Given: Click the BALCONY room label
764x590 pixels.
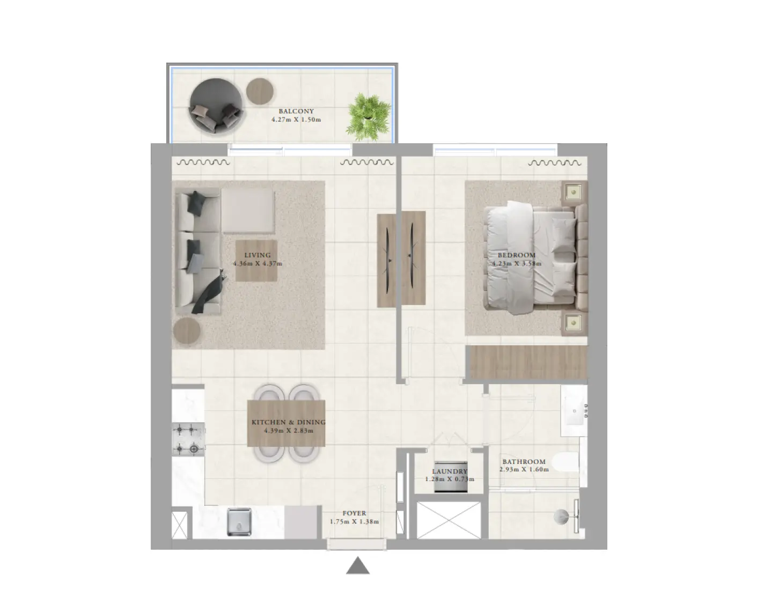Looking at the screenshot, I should [x=296, y=111].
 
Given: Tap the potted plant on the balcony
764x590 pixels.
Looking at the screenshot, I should [x=368, y=114].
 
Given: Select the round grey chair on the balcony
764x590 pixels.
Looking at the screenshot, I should [x=215, y=106].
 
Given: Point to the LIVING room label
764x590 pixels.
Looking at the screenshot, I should [x=258, y=255].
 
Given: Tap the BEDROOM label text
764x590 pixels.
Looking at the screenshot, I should [x=516, y=255].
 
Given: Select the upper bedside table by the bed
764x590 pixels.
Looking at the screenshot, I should [x=574, y=190].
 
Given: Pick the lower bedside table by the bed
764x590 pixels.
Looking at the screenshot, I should [x=574, y=322].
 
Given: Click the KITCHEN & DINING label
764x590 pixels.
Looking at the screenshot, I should [x=288, y=422].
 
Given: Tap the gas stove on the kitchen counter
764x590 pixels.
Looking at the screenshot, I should [x=188, y=439].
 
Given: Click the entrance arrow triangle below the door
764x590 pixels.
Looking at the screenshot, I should [x=357, y=566].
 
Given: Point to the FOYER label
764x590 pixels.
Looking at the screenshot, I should [x=354, y=513].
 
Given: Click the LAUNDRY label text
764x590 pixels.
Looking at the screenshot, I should [x=450, y=471].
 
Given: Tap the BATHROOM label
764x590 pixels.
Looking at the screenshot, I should [x=524, y=461].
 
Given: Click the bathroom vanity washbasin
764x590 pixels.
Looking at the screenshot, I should [x=574, y=411].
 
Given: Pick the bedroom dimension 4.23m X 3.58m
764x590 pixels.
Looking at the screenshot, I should [x=517, y=263].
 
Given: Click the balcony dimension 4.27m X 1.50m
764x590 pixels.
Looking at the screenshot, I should [x=296, y=120].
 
